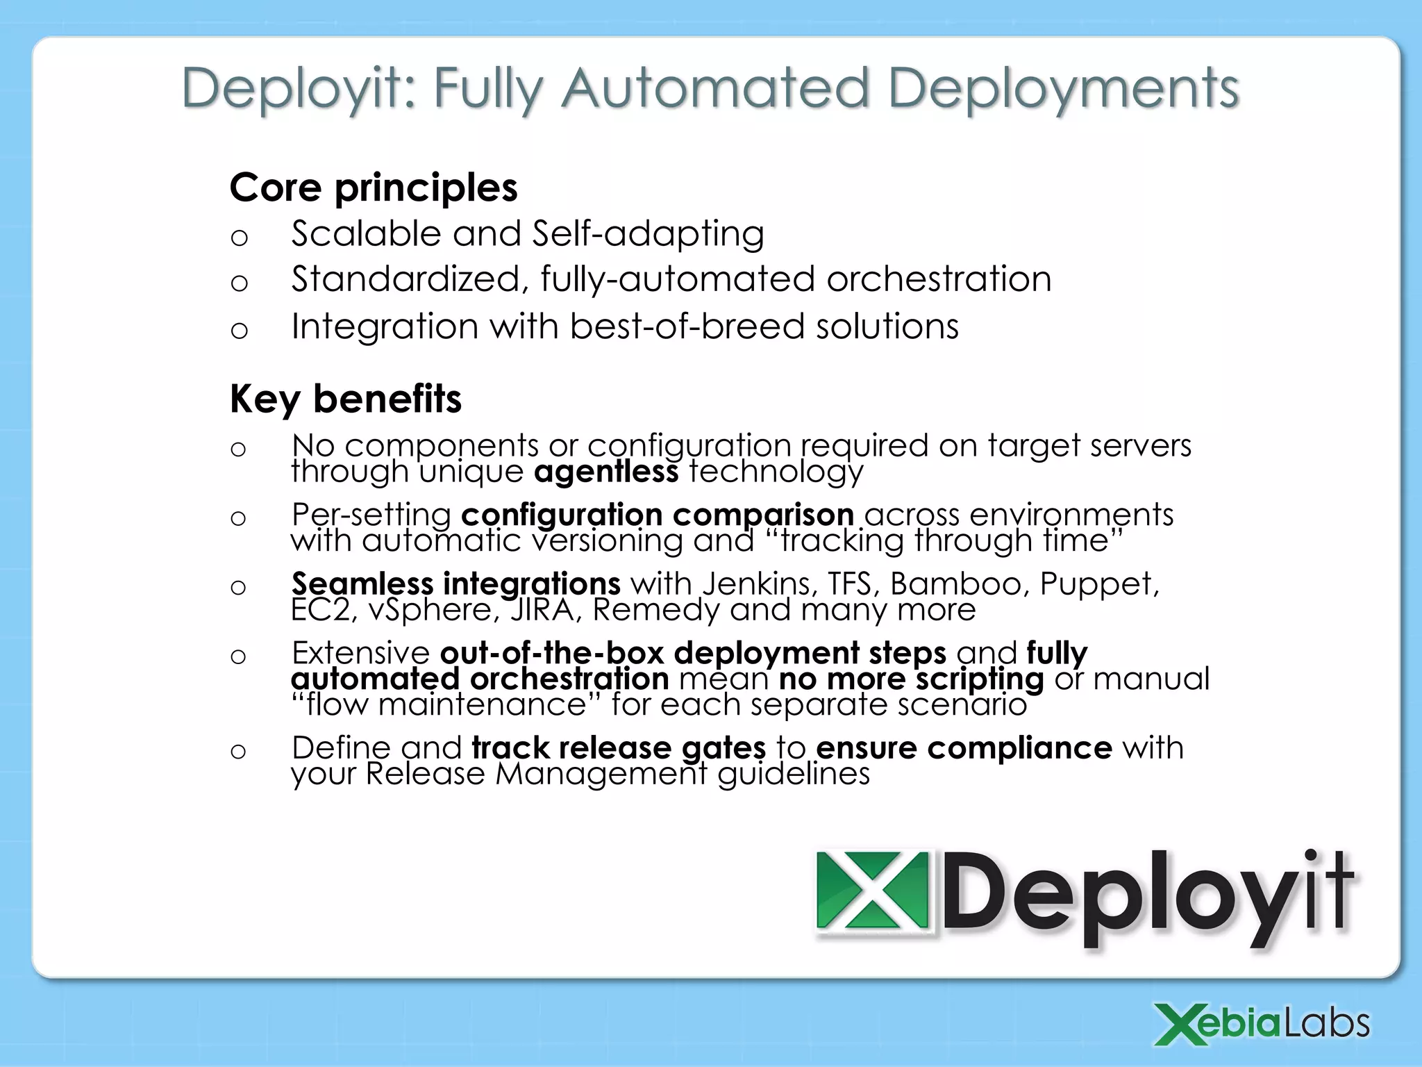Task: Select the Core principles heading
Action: click(374, 188)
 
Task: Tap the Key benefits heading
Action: click(345, 399)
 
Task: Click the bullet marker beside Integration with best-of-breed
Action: click(239, 329)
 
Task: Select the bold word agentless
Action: click(605, 472)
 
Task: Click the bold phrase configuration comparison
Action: click(657, 515)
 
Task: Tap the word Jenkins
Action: click(759, 584)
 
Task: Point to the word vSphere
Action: click(434, 610)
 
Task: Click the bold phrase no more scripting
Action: click(911, 679)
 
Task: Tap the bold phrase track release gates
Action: click(618, 748)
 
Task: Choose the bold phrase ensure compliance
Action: click(964, 748)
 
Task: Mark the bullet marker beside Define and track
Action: click(238, 751)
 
